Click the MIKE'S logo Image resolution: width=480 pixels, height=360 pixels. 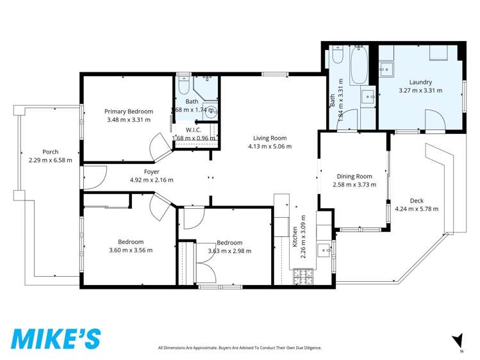(56, 338)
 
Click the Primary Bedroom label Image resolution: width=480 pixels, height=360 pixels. (129, 111)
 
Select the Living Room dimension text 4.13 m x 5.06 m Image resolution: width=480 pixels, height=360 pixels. (269, 146)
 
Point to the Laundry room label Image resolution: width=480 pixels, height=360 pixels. (420, 82)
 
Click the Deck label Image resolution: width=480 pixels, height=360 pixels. (417, 200)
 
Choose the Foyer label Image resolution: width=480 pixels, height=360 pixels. (151, 172)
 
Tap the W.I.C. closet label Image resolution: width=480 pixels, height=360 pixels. (194, 130)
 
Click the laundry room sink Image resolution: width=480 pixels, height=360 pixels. (386, 69)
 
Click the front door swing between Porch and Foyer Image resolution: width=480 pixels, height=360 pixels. (94, 177)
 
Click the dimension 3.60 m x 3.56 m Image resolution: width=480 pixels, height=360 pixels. (131, 250)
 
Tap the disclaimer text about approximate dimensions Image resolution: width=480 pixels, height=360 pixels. (240, 348)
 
